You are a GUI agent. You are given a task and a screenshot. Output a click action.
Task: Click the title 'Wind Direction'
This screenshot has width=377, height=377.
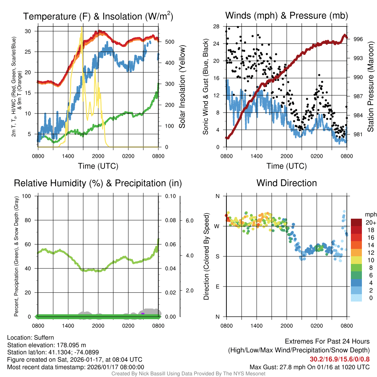286,183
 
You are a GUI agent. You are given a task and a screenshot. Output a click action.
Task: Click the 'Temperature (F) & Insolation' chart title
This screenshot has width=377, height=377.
98,17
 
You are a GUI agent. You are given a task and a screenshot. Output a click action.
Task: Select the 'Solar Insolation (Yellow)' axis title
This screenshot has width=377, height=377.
182,87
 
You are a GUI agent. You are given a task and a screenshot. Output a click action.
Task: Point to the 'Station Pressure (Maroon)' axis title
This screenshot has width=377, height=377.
370,87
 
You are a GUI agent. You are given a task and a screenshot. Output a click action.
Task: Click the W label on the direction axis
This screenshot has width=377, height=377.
217,226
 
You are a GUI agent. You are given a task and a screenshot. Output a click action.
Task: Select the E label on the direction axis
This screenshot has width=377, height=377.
218,286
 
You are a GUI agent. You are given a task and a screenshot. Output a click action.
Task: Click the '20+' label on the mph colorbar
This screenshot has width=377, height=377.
370,223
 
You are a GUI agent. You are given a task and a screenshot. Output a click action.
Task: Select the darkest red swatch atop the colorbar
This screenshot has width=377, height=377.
356,222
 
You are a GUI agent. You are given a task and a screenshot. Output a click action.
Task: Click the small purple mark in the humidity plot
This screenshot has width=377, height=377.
142,314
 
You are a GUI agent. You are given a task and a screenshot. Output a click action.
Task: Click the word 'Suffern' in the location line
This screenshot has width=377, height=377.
44,337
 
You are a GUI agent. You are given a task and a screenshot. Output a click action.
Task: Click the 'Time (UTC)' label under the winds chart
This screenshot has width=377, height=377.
286,166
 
